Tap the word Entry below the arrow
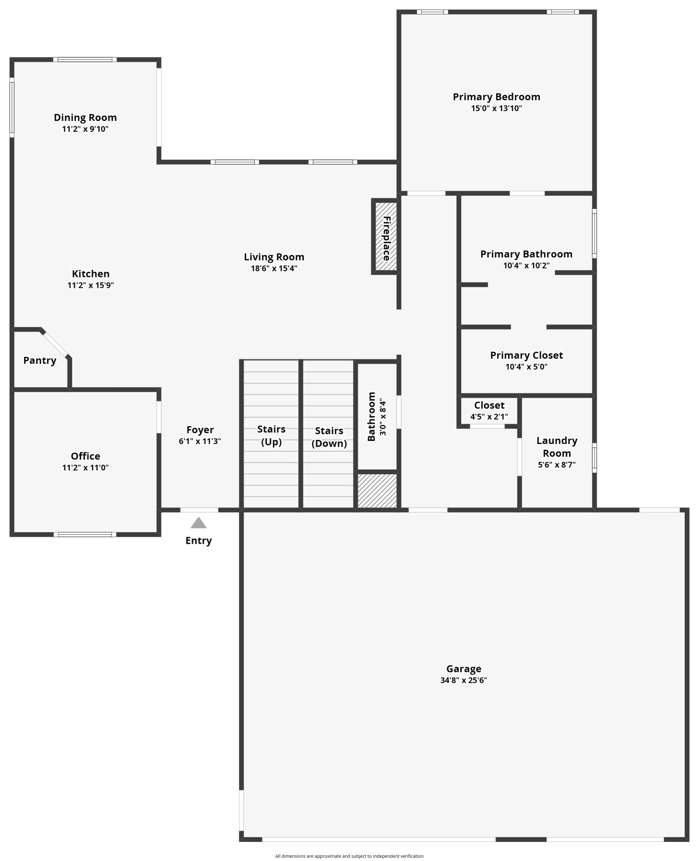tap(199, 541)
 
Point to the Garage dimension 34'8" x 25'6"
tap(464, 680)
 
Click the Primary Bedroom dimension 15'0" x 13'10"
tap(496, 108)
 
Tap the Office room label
tap(85, 456)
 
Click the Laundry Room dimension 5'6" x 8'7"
tap(557, 465)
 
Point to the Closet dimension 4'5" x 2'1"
tap(489, 417)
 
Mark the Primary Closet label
tap(526, 355)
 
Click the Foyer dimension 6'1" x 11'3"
tap(200, 441)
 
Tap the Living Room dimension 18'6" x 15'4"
tap(274, 268)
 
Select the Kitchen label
tap(91, 274)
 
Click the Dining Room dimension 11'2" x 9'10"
tap(85, 129)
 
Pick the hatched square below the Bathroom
tap(377, 491)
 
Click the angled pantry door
tap(55, 343)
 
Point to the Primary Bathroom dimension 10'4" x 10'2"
tap(526, 266)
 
